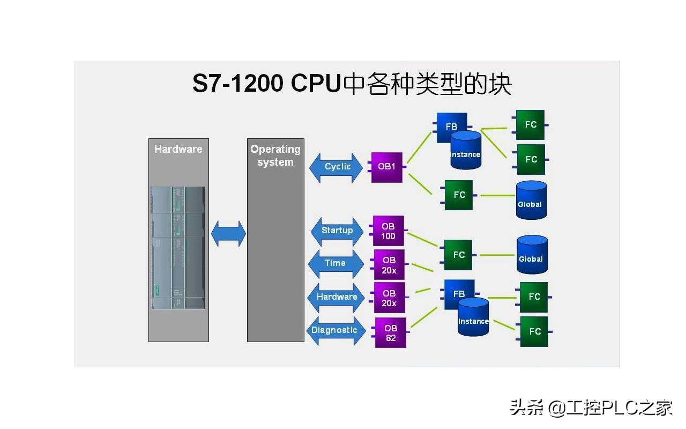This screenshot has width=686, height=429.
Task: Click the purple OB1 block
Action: coord(386,167)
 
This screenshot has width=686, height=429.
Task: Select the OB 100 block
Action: coord(388,231)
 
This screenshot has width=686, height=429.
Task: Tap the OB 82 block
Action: coord(391,332)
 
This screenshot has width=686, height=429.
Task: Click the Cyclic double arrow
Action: coord(336,167)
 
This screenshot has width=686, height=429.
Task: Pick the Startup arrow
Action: coord(337,231)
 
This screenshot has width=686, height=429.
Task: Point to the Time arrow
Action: coord(335,263)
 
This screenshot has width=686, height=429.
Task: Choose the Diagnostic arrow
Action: coord(335,330)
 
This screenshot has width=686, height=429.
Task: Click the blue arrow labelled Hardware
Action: coord(336,297)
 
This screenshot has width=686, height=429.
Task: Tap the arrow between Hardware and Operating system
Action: coord(228,234)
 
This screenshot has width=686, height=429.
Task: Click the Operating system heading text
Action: coord(275,156)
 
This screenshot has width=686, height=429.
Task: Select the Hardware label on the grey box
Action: coord(178,149)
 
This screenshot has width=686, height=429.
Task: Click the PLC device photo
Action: coord(178,248)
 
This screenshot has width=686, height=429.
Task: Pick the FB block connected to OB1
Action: coord(451,127)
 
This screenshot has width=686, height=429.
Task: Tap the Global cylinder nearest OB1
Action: coord(531,200)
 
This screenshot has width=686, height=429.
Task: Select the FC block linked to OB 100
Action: coord(458,255)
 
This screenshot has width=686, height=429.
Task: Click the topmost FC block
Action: coord(530,125)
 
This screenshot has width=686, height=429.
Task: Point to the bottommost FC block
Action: coord(534,331)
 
